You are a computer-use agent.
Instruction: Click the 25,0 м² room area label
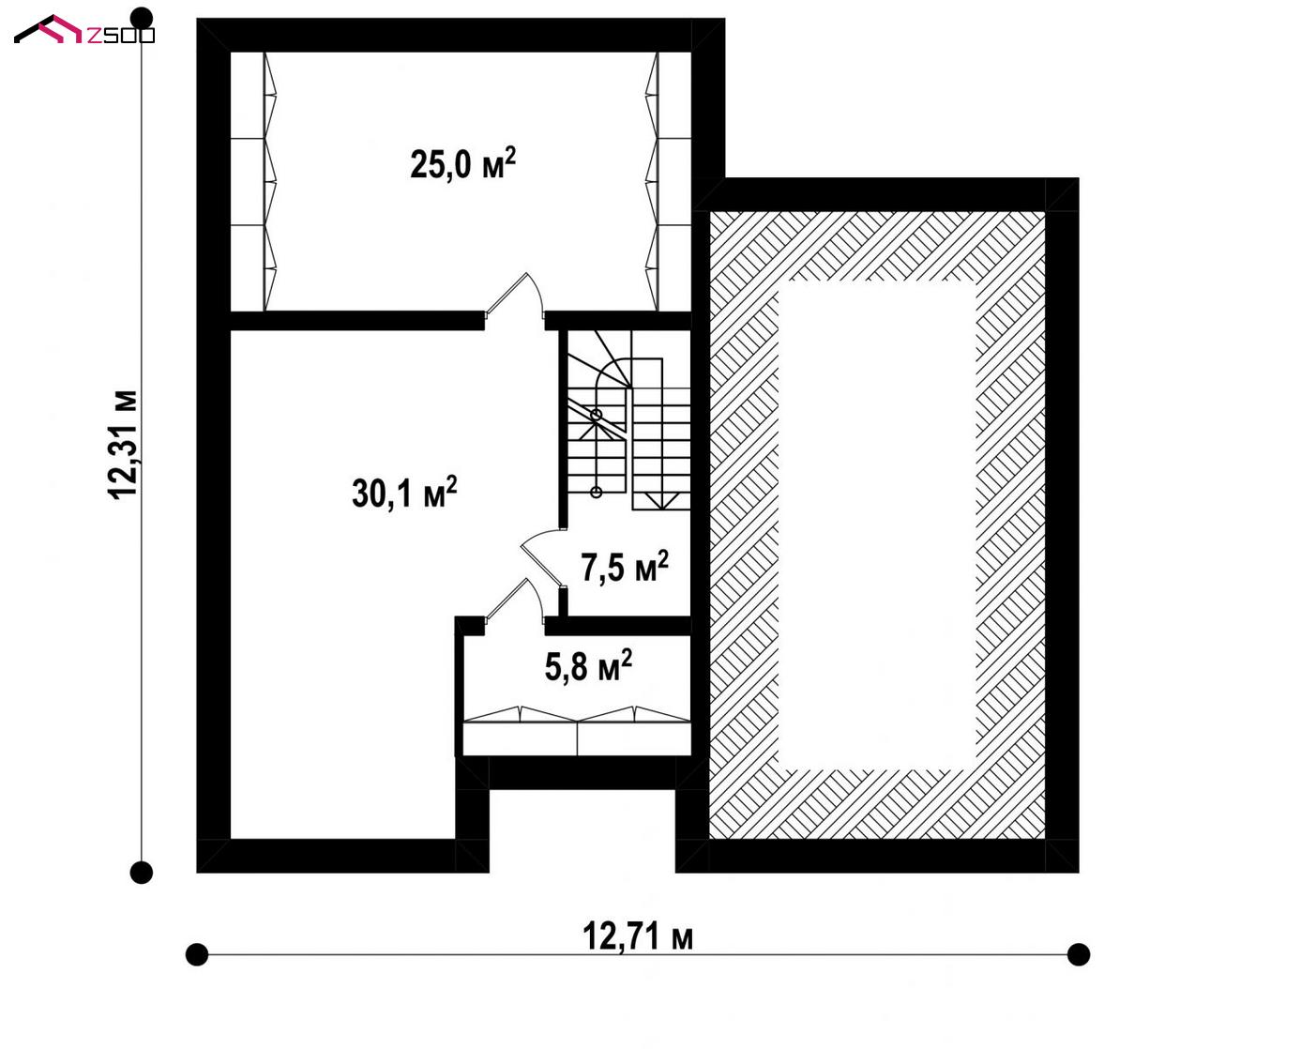coord(463,163)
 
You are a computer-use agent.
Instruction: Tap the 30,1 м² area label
coord(404,492)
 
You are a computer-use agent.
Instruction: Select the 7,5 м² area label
coord(625,567)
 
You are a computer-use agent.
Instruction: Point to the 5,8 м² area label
coord(588,665)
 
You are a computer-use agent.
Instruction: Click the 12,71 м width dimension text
coord(638,935)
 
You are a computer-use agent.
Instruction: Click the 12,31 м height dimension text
coord(123,445)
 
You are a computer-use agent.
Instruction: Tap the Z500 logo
coord(84,30)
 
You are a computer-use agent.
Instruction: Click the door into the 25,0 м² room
coord(514,296)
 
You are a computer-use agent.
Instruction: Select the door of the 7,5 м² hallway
coord(542,558)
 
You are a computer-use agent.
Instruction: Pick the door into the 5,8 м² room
coord(514,601)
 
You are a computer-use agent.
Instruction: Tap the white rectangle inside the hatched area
coord(876,524)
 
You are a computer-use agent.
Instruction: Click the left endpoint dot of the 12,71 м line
coord(197,954)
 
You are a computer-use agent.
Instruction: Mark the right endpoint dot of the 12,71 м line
coord(1079,954)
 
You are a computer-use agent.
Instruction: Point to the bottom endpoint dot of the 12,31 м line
coord(142,873)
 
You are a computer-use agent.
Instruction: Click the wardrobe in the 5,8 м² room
coord(577,731)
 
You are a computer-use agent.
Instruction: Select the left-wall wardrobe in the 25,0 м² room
coord(253,182)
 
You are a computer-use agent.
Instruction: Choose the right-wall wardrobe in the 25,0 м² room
coord(668,182)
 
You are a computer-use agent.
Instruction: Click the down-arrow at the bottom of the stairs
coord(661,502)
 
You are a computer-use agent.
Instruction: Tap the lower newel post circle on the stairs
coord(596,492)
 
